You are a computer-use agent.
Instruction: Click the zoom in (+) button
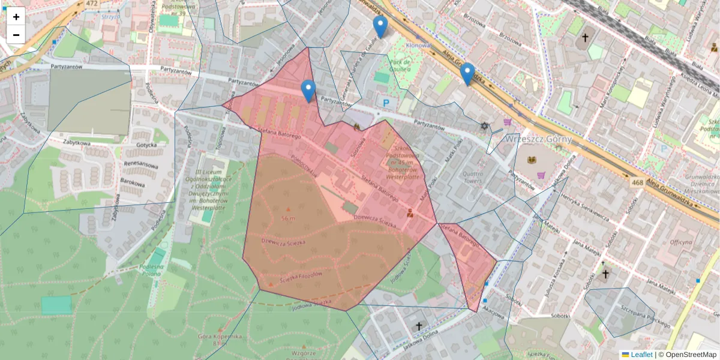pos(16,17)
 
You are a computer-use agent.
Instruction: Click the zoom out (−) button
pos(16,35)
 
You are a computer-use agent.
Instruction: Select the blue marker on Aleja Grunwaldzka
pos(467,74)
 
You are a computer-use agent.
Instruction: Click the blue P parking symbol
pos(386,103)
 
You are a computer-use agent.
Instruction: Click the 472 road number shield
pos(91,4)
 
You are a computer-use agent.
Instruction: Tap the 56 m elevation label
pos(289,217)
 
